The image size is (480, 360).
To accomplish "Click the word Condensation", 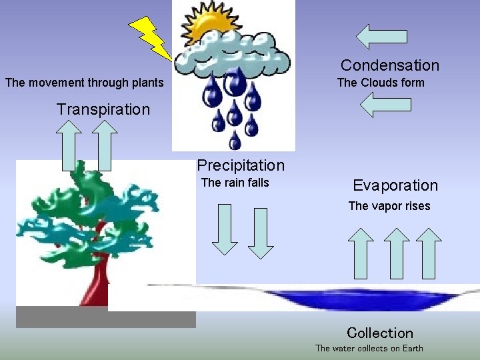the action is point(390,65).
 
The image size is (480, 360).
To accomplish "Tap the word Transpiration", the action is point(103,109).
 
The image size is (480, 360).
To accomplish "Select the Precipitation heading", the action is point(241,165).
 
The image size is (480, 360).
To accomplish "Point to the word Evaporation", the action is point(395,185).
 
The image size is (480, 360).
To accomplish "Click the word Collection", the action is point(380,333).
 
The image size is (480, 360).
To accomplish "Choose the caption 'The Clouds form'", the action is point(381,83).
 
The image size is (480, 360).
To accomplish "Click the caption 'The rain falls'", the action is point(235,183).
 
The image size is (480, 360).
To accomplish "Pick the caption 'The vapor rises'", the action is point(389,206).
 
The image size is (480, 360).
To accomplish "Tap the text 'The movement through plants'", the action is point(84,83).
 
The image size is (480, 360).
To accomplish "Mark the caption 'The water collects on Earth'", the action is point(369,348).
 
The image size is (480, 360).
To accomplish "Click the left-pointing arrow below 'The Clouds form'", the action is point(385,105).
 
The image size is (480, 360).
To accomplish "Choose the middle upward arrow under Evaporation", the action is point(397,253).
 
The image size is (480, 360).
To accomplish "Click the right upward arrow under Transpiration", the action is point(105,146).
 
